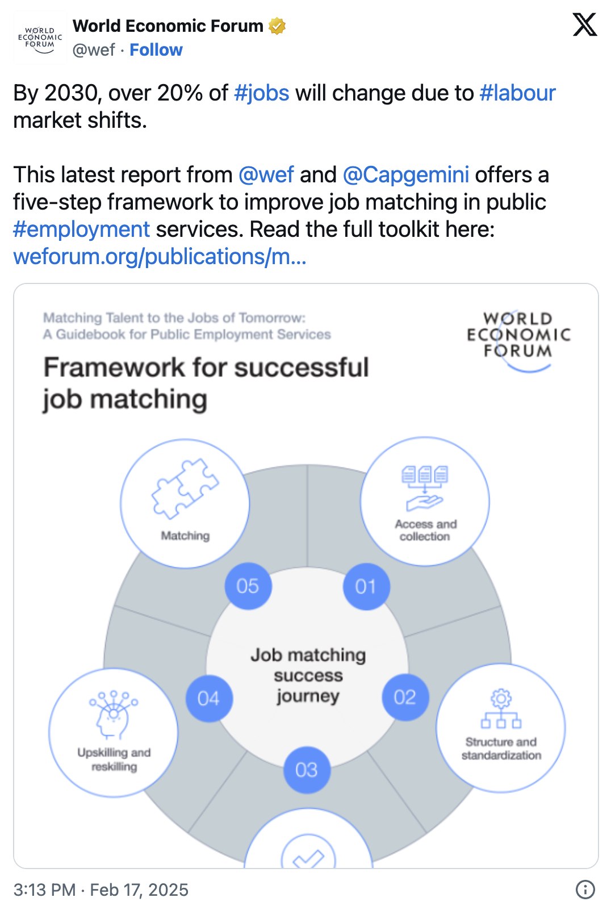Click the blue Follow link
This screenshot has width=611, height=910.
point(156,50)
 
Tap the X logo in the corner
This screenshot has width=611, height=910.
point(584,25)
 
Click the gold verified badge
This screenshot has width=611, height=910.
point(277,26)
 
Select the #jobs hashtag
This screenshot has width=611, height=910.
point(262,93)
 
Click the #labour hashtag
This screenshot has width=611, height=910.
point(517,93)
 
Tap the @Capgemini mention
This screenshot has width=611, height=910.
point(406,175)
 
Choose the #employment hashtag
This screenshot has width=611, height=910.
point(81,229)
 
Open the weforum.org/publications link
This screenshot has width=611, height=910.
point(160,257)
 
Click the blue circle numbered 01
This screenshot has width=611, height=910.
point(366,586)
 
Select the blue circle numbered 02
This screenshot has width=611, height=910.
point(405,697)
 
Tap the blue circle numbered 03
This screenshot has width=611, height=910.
point(307,770)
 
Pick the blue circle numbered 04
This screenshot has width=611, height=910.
point(208,698)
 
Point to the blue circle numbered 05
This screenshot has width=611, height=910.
point(248,586)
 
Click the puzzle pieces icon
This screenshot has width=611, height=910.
point(185,489)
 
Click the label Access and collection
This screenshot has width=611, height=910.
point(425,530)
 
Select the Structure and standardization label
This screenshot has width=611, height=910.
point(501,749)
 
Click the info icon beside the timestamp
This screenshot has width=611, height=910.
point(585,890)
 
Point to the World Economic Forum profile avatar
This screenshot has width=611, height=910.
point(40,38)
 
